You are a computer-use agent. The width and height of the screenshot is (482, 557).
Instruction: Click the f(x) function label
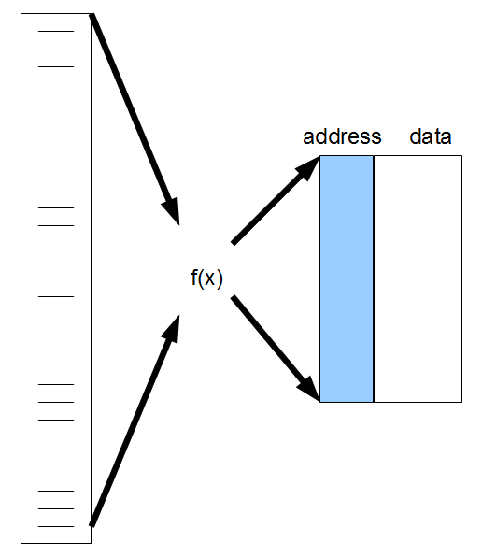point(206,278)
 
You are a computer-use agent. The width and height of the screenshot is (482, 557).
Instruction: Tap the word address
point(342,136)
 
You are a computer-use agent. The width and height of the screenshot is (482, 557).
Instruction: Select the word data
point(431,136)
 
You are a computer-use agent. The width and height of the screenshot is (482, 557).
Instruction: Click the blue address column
point(347,278)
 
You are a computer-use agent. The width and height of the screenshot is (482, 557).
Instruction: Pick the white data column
point(418,278)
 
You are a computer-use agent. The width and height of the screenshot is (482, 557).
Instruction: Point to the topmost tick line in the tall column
point(55,32)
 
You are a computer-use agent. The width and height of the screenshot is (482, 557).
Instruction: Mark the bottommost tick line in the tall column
point(55,526)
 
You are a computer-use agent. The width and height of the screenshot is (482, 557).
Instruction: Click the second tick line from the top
point(55,66)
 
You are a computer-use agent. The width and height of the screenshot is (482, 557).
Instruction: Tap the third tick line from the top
point(55,207)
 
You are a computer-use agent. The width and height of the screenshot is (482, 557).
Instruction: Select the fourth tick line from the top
point(55,225)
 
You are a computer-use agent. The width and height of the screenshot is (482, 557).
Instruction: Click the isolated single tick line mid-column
point(55,296)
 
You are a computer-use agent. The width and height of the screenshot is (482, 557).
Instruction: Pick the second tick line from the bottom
point(55,509)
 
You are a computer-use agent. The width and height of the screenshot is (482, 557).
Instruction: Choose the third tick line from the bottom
point(55,492)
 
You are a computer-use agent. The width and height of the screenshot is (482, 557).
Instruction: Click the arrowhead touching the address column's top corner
point(307,168)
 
